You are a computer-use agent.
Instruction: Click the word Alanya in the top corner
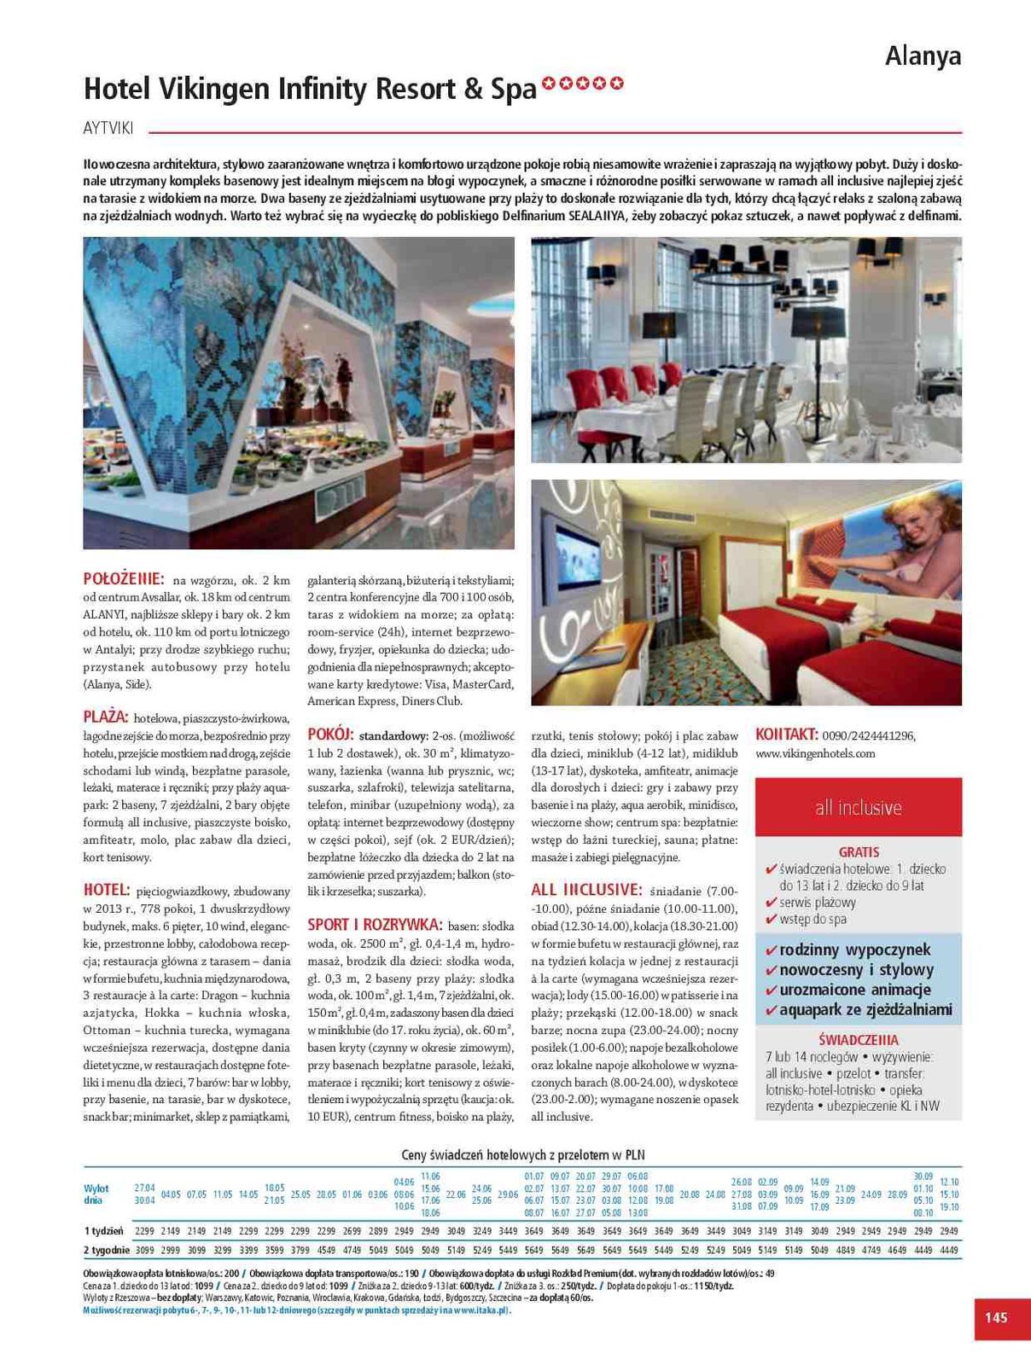tap(923, 56)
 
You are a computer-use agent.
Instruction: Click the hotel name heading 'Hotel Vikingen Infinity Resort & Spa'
tap(310, 89)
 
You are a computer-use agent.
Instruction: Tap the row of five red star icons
tap(583, 84)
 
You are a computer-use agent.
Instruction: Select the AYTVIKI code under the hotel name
tap(108, 129)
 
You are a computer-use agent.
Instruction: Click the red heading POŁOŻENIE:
tap(124, 578)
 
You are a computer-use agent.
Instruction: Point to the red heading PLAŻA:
tap(106, 717)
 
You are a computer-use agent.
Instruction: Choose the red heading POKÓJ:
tap(330, 734)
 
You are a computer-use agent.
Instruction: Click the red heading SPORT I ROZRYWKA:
tap(375, 924)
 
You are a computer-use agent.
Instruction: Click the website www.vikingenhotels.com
tap(815, 753)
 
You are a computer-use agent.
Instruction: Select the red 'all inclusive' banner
tap(859, 807)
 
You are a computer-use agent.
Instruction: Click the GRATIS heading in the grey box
tap(859, 851)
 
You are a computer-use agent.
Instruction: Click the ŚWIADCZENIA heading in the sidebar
tap(859, 1039)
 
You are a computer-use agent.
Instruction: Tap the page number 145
tap(996, 1317)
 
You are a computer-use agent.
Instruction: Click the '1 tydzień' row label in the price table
tap(103, 1231)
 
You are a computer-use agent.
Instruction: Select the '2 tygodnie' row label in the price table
tap(106, 1250)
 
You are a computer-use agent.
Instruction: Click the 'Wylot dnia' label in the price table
tap(96, 1194)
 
